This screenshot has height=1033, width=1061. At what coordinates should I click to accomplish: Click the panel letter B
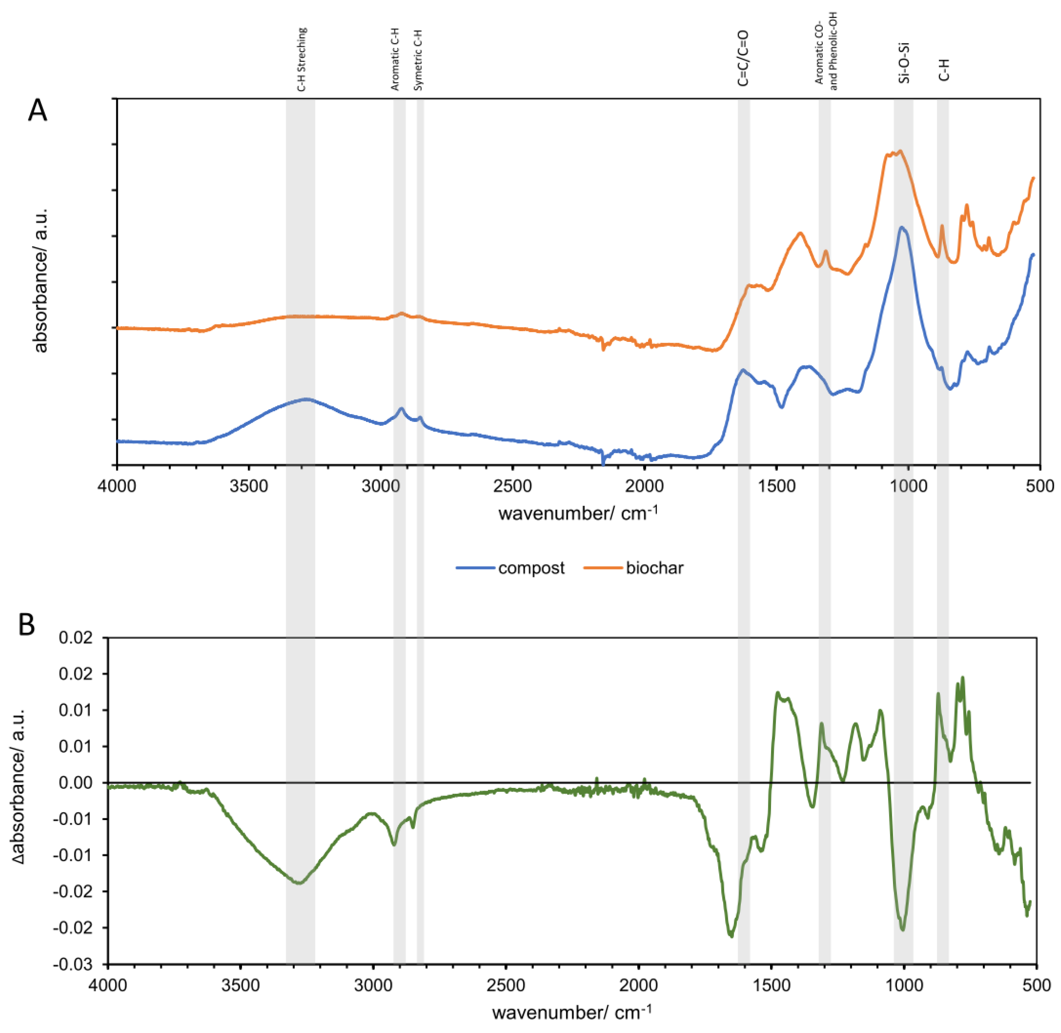point(27,625)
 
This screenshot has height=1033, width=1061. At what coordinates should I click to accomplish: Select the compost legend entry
point(530,568)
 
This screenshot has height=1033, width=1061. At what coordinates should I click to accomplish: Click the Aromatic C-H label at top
point(395,60)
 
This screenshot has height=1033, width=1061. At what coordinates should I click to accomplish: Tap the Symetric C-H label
point(418,60)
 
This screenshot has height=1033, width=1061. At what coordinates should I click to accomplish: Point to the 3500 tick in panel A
point(249,485)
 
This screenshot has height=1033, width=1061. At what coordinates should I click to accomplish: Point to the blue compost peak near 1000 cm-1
point(902,227)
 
